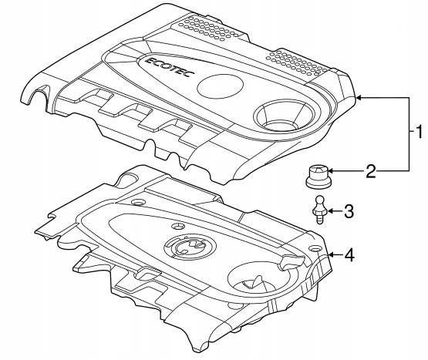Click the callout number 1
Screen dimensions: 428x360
click(x=418, y=131)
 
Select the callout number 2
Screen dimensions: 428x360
click(x=371, y=171)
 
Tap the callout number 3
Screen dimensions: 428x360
click(x=349, y=211)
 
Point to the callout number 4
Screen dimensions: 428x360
click(x=349, y=255)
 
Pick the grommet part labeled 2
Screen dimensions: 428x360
click(x=317, y=177)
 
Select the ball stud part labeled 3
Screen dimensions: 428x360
click(x=319, y=210)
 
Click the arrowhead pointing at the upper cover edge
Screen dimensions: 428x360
click(x=359, y=97)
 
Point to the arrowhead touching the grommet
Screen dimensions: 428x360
click(x=330, y=171)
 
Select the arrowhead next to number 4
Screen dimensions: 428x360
click(x=331, y=255)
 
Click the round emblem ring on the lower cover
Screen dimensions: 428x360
click(x=190, y=246)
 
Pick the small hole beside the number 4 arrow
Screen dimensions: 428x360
click(x=315, y=249)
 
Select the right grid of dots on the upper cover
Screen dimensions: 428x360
click(x=297, y=62)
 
